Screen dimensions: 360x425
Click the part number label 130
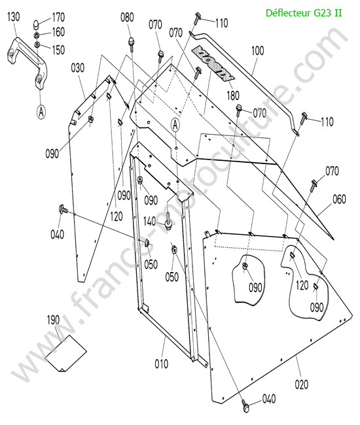tap(14, 17)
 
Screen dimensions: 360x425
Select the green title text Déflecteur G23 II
tap(304, 12)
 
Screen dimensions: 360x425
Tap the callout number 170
tap(58, 18)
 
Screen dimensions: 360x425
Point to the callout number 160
tap(58, 32)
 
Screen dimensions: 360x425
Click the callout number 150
tap(58, 50)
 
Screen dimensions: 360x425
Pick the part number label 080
tap(127, 18)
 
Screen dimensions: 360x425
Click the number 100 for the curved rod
tap(257, 51)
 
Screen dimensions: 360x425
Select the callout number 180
tap(233, 95)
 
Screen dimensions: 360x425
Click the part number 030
tap(78, 68)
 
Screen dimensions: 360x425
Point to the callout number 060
tap(339, 199)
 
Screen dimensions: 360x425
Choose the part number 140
tap(149, 222)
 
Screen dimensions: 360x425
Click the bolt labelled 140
tap(168, 221)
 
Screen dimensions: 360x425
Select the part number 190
tap(53, 320)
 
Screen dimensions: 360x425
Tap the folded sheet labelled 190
tap(65, 354)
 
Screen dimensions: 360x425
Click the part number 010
tap(162, 364)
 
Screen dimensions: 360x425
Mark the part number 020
tap(301, 384)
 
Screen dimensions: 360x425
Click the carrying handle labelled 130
tap(28, 59)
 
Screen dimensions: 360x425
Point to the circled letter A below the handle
tap(41, 111)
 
